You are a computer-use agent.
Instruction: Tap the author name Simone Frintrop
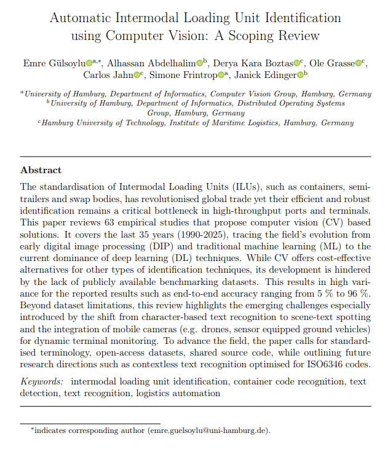(188, 75)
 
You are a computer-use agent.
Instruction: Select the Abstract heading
(41, 170)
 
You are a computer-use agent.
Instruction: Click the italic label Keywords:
(42, 381)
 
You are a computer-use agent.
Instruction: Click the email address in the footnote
(209, 431)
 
